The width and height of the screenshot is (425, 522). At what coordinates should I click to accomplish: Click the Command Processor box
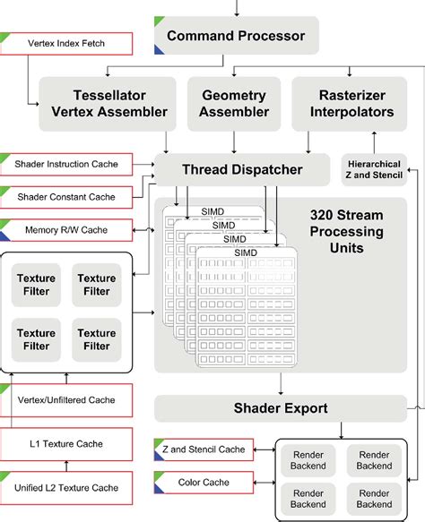235,38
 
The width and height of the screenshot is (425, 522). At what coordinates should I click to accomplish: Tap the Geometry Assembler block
233,103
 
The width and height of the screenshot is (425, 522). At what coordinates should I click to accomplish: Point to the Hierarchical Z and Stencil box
374,168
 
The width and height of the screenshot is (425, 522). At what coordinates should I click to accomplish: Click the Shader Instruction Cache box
66,165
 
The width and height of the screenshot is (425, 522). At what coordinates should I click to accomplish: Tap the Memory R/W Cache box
66,230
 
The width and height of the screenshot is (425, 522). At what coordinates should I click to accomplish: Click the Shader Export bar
281,408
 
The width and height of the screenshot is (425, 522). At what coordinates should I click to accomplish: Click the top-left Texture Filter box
37,285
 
